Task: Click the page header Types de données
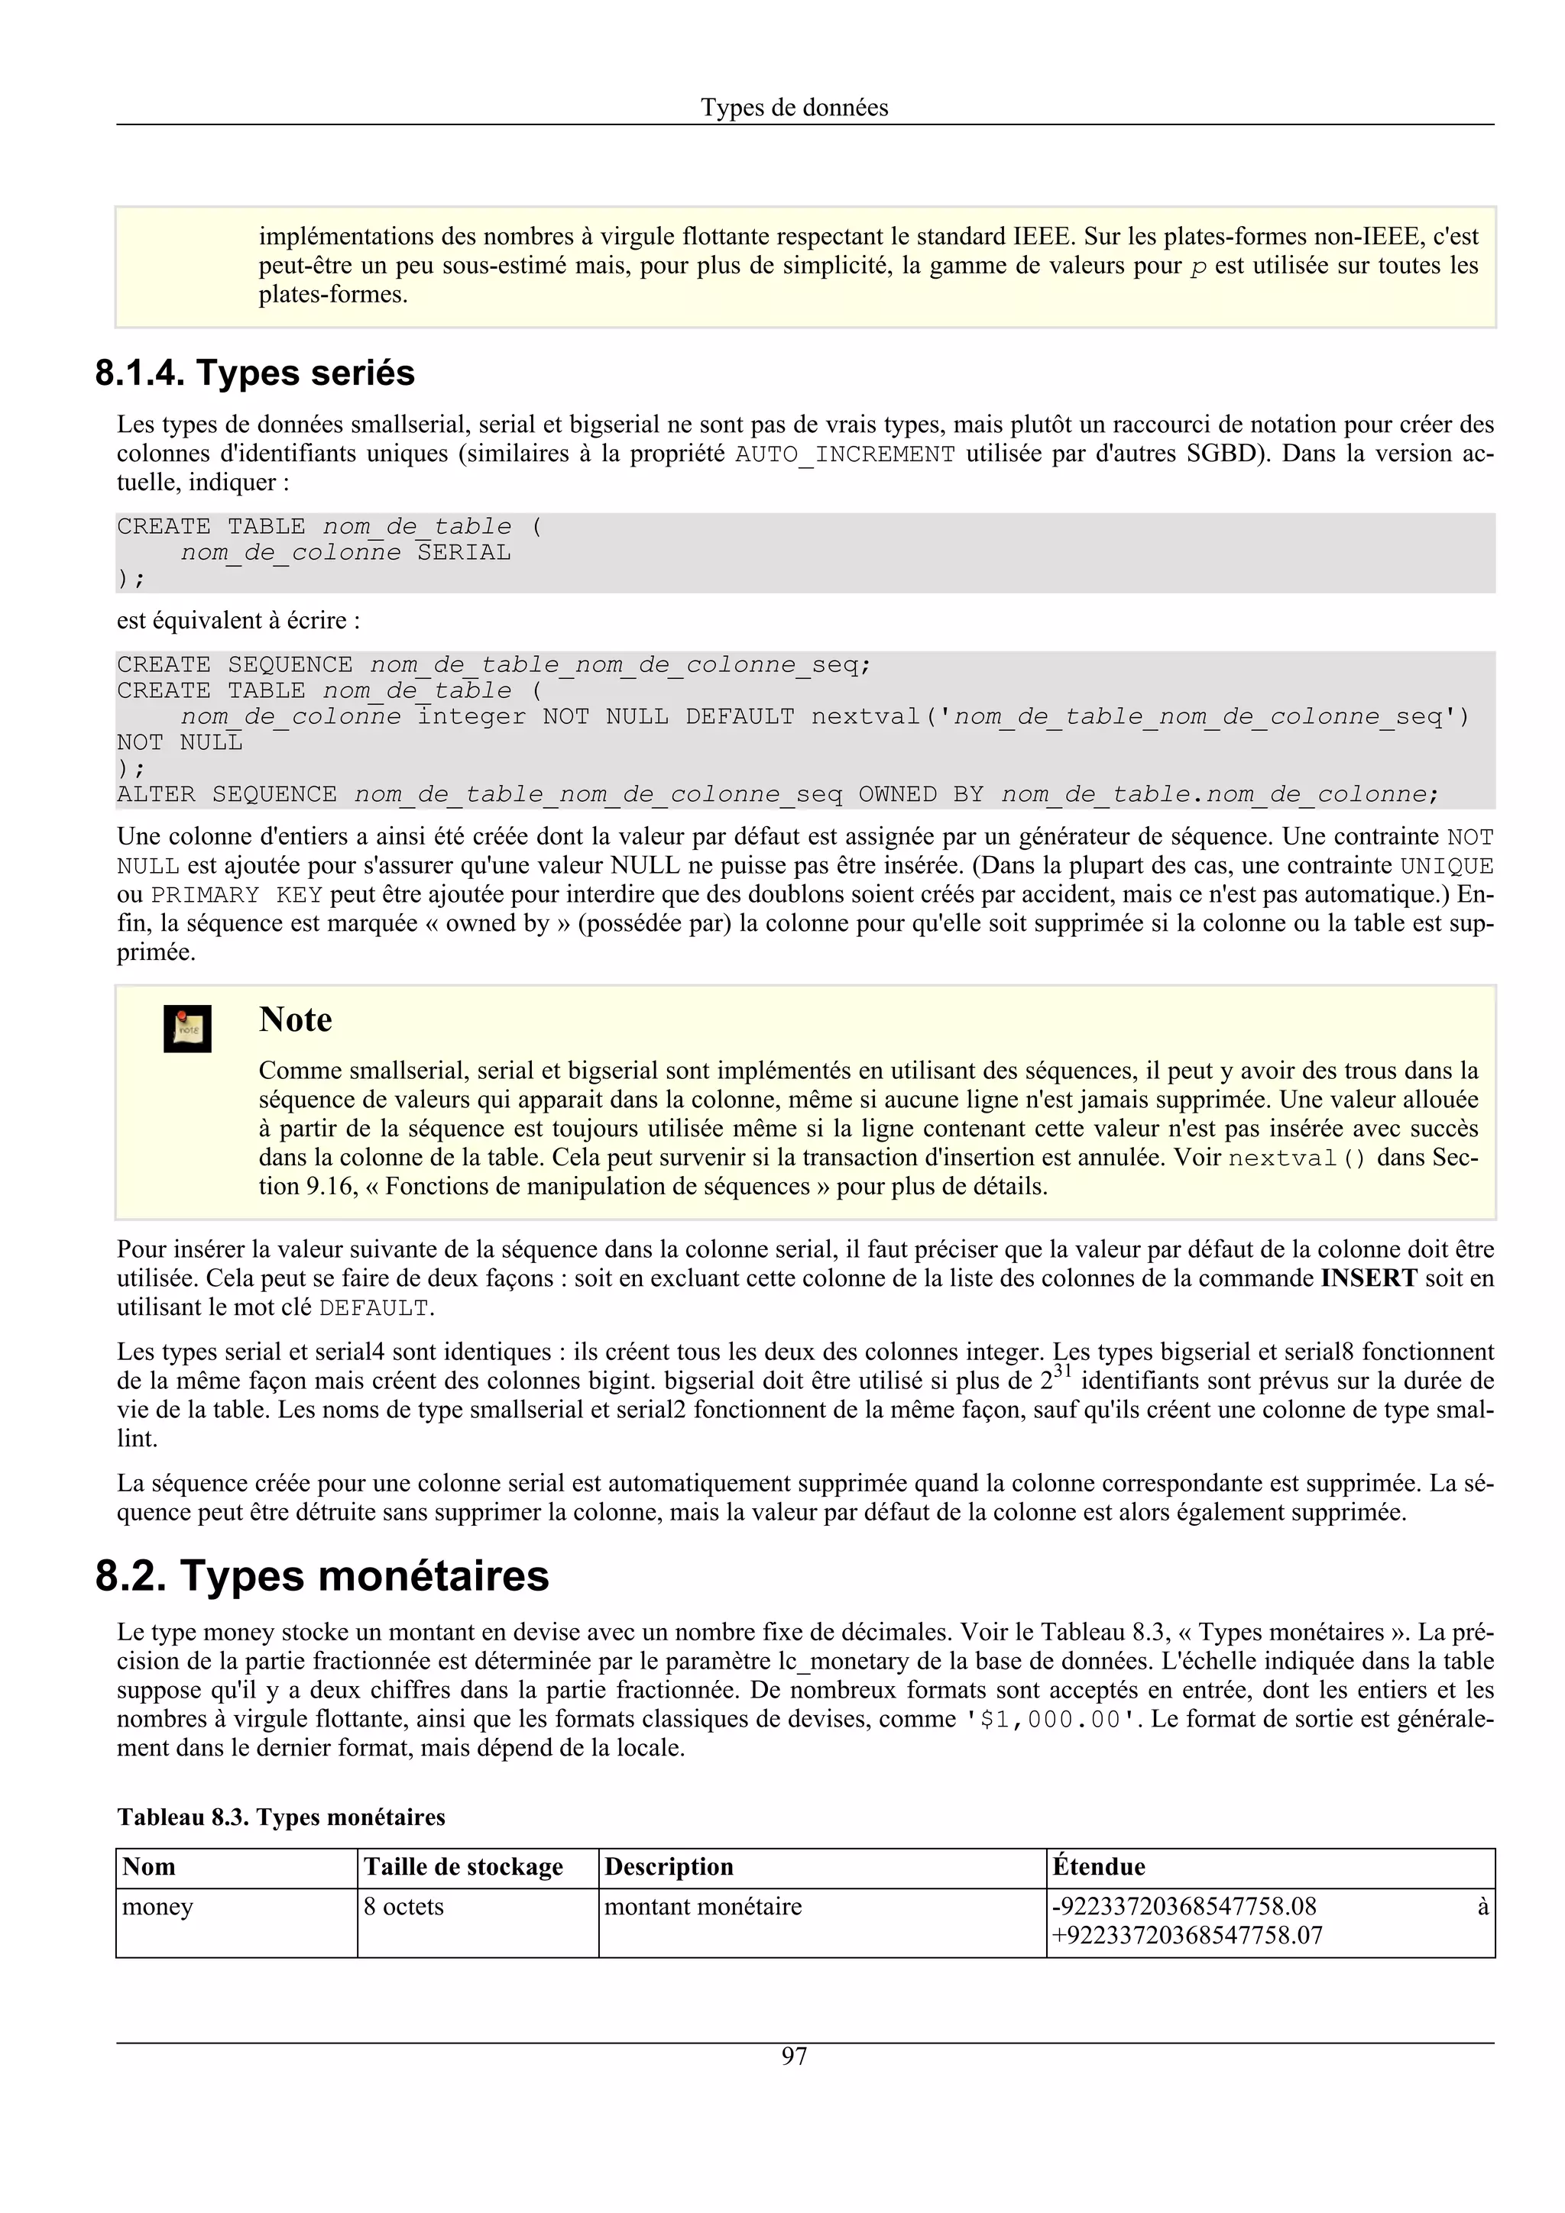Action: (794, 108)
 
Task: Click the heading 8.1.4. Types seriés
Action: (254, 373)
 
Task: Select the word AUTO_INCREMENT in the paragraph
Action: (844, 454)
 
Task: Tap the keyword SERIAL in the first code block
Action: (464, 552)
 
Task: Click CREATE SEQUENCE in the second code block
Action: (235, 665)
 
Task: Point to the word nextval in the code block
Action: (865, 716)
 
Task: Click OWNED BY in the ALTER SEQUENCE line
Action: (921, 794)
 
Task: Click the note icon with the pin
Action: (187, 1029)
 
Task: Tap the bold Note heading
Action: (295, 1019)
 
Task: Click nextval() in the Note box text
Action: (1297, 1158)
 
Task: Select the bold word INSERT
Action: (1369, 1279)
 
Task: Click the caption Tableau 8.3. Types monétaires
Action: (280, 1817)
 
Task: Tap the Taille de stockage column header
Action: (463, 1867)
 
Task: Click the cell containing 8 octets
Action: (404, 1907)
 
